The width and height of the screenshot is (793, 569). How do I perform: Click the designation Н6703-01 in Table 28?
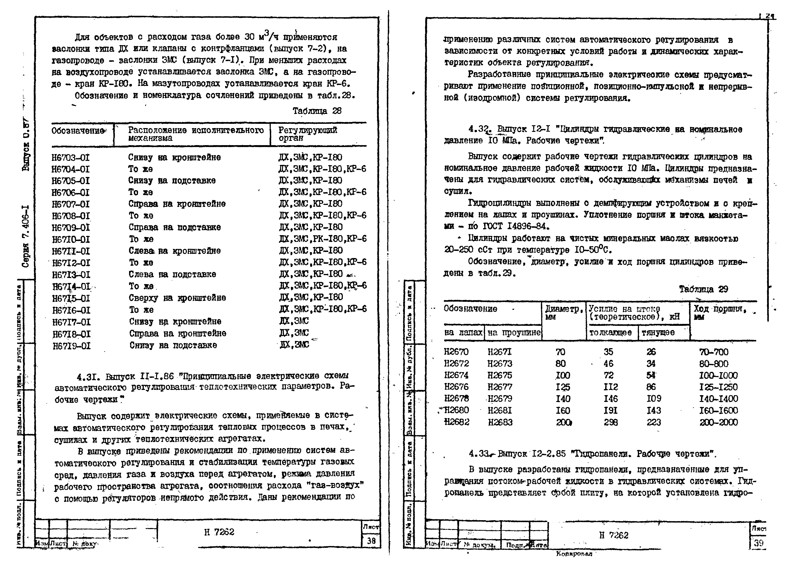(x=71, y=158)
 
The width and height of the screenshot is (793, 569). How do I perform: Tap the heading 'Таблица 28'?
(x=317, y=111)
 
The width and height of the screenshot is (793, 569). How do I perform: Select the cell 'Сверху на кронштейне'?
(x=177, y=298)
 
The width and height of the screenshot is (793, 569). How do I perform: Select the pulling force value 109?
(x=654, y=399)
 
